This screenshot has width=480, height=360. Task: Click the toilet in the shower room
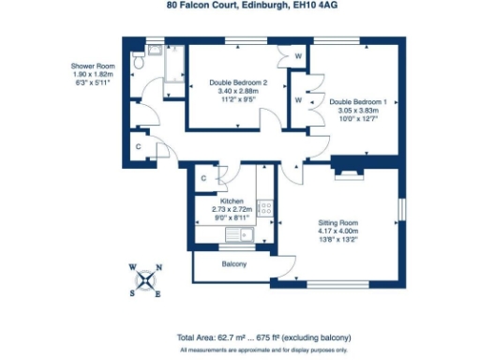[x=138, y=64]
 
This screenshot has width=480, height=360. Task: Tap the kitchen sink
[x=246, y=235]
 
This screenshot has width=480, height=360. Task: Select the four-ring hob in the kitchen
[x=265, y=207]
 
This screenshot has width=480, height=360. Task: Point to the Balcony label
[x=234, y=265]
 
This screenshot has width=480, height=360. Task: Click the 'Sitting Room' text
[x=338, y=223]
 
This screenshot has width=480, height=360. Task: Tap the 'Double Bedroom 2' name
[x=238, y=82]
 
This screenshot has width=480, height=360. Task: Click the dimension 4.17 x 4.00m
[x=338, y=231]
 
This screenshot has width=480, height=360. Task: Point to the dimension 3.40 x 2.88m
[x=238, y=91]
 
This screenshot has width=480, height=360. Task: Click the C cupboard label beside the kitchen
[x=203, y=178]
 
